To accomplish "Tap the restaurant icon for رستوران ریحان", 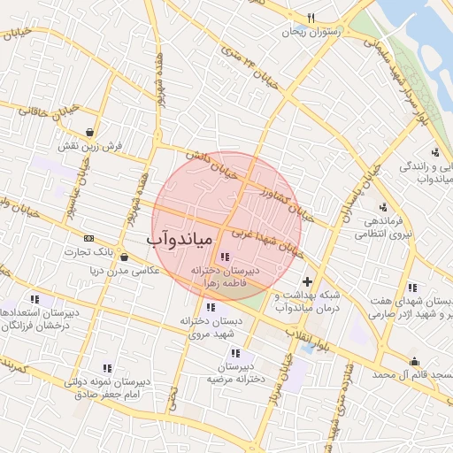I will (311, 18).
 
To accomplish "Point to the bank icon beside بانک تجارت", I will (88, 238).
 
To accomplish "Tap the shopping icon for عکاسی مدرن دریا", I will (123, 257).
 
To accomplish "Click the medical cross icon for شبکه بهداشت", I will (307, 281).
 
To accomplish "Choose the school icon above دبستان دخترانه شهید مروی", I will (210, 306).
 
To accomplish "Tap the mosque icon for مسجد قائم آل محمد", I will (414, 361).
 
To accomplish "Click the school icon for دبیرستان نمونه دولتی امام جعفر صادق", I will (107, 368).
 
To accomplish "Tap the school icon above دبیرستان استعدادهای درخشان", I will (35, 300).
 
